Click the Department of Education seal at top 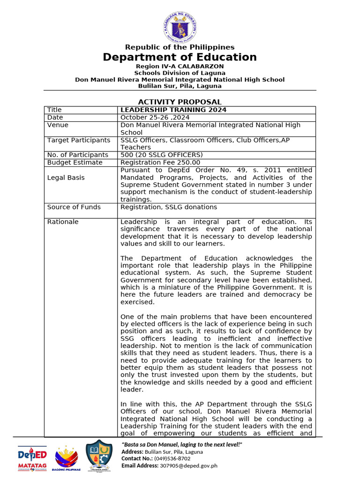click(180, 26)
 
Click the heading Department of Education click(180, 57)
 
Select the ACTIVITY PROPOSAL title click(180, 102)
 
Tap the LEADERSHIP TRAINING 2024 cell click(173, 110)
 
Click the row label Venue click(58, 125)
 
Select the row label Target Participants click(79, 140)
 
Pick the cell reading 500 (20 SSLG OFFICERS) click(161, 155)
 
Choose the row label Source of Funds click(74, 207)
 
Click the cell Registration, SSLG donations click(169, 207)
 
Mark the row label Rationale click(63, 222)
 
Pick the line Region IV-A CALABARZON click(180, 67)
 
